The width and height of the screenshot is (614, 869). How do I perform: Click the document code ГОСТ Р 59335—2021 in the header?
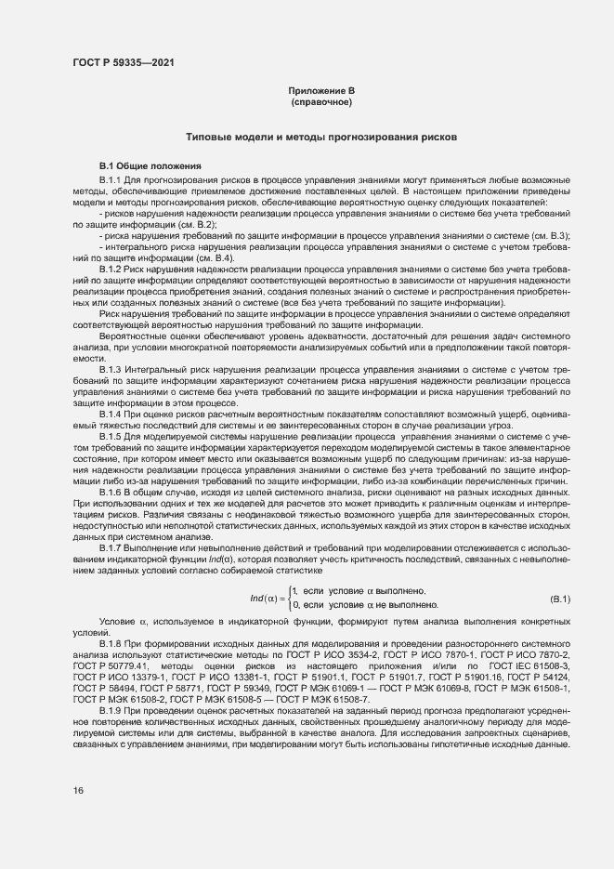pyautogui.click(x=123, y=62)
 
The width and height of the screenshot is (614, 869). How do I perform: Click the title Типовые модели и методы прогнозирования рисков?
pyautogui.click(x=321, y=137)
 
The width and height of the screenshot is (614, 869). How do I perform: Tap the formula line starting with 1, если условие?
pyautogui.click(x=359, y=591)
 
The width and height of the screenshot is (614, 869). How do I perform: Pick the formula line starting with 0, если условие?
pyautogui.click(x=366, y=605)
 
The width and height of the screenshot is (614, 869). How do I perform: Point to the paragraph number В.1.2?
pyautogui.click(x=111, y=268)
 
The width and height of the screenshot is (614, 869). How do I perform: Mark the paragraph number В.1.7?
pyautogui.click(x=111, y=547)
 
